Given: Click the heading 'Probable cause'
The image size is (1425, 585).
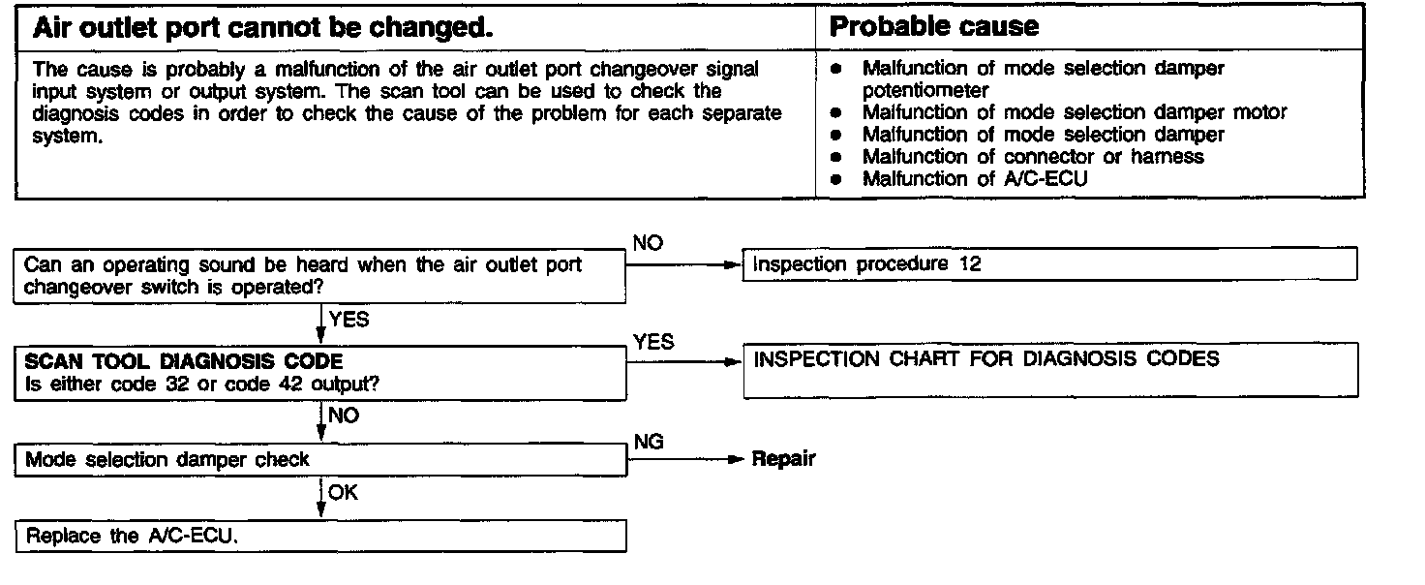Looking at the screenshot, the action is (x=934, y=26).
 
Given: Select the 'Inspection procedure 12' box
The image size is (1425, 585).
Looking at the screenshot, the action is (x=1049, y=264).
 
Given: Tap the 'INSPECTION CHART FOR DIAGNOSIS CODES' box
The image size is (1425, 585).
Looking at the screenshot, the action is (x=1049, y=373).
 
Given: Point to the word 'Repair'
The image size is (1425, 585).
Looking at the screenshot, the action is (x=783, y=459).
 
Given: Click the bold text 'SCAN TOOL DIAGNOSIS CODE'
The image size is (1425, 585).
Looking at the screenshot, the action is (x=184, y=362).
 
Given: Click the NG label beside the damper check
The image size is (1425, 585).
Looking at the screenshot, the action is (x=648, y=442).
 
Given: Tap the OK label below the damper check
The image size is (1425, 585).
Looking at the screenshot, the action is (x=343, y=492).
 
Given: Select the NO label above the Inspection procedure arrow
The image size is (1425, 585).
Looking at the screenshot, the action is (x=648, y=243).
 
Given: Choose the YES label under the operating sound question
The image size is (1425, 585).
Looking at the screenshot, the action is (x=349, y=319).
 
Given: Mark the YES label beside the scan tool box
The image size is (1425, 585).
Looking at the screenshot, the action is (x=653, y=341).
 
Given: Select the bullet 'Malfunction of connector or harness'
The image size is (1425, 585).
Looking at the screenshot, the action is (x=1032, y=156).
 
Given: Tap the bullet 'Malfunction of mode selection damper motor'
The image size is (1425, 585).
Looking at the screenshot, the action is (x=1074, y=112).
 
